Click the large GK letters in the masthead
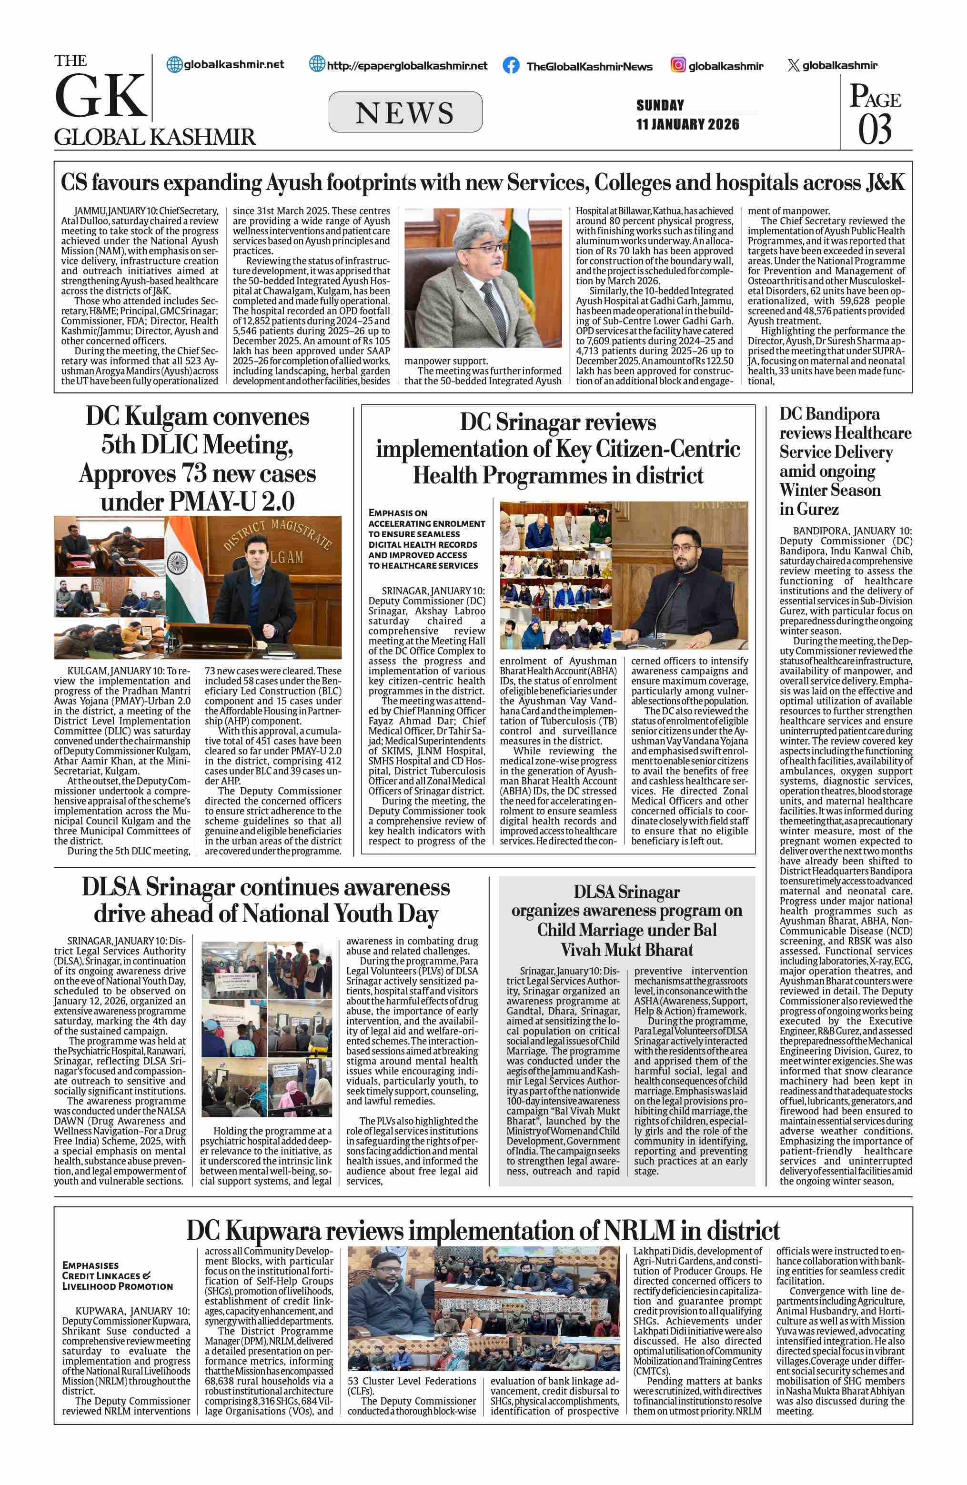tap(100, 96)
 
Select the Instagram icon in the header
tap(678, 65)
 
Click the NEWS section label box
tap(405, 112)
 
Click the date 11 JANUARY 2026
tap(687, 124)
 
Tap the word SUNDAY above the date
tap(660, 105)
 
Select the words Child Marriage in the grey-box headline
tap(584, 930)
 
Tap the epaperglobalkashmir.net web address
tap(407, 66)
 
